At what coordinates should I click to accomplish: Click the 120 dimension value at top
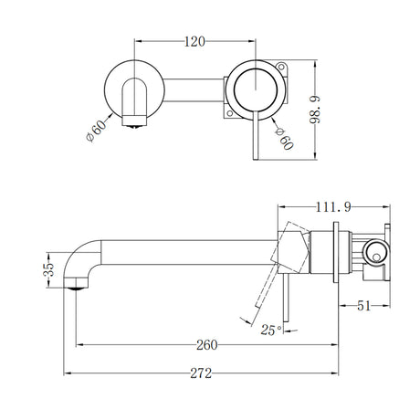tap(193, 41)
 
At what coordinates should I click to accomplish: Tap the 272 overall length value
tap(203, 374)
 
